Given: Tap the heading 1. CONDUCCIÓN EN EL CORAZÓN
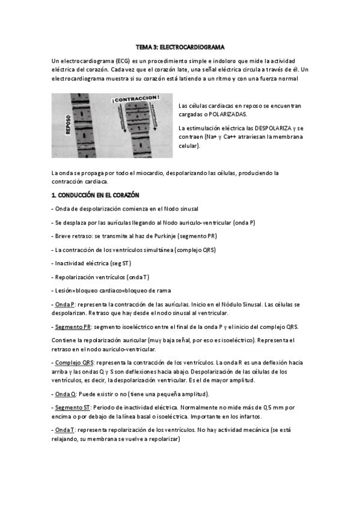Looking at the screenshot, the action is click(95, 196).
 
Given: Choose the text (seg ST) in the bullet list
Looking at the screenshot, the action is click(118, 263).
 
